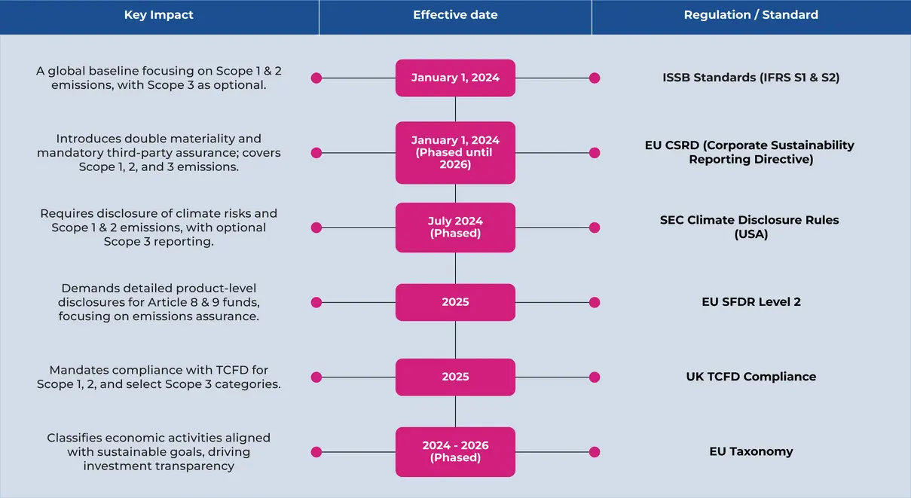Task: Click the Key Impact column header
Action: tap(158, 15)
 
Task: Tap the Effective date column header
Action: tap(455, 15)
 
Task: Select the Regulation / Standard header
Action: tap(751, 15)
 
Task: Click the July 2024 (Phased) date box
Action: tap(455, 228)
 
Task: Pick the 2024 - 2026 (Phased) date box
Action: tap(455, 451)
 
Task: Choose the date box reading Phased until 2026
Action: tap(455, 152)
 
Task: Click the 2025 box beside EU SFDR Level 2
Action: tap(455, 302)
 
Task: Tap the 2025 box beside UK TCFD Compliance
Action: tap(455, 377)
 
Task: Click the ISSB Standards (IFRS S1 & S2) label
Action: tap(751, 78)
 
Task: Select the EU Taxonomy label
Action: tap(751, 451)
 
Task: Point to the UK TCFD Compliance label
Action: tap(751, 377)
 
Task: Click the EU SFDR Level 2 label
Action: tap(751, 302)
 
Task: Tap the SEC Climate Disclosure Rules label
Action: tap(749, 227)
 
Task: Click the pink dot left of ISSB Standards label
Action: tap(595, 78)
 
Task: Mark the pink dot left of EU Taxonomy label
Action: tap(595, 451)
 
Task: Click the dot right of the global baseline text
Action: tap(316, 78)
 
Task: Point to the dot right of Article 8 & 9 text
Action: tap(316, 302)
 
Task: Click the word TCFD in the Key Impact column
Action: tap(232, 370)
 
